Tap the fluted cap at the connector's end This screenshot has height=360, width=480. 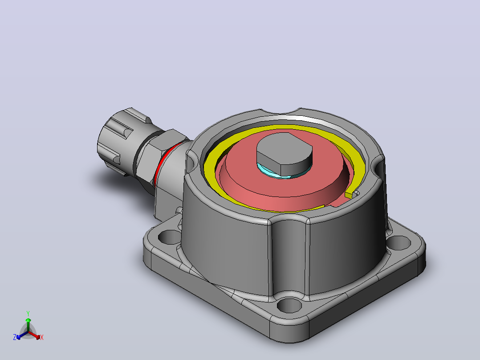point(121,139)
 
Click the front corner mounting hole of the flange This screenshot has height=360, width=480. point(289,305)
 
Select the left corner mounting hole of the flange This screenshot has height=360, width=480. point(169,237)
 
